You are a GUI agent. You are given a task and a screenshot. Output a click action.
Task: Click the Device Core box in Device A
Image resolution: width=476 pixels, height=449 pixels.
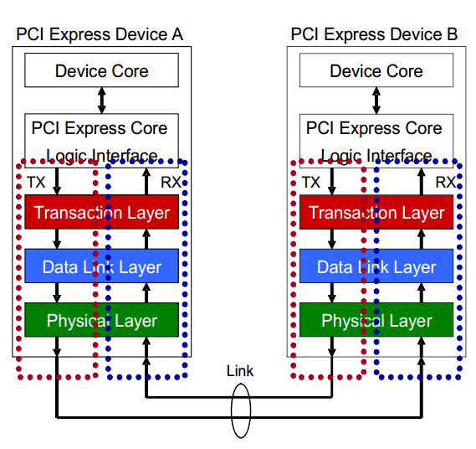(101, 70)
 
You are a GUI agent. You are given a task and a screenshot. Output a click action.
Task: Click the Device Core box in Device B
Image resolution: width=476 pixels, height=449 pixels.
(376, 70)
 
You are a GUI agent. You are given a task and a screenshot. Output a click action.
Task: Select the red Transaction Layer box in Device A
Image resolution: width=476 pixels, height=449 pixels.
(101, 213)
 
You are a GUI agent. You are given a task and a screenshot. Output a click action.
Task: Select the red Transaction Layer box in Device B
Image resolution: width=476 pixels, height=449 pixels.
(376, 213)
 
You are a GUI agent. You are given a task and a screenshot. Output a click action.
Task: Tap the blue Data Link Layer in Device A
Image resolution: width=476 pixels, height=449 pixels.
(101, 266)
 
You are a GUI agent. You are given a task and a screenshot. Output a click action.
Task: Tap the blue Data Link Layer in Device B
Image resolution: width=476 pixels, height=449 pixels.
(376, 266)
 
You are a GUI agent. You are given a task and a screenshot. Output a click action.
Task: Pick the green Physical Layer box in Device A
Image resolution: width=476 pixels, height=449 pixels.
(101, 320)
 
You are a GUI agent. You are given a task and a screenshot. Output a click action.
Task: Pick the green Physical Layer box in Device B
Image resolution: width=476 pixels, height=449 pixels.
(376, 320)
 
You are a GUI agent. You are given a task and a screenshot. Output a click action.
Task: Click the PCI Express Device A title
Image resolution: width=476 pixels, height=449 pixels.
(100, 34)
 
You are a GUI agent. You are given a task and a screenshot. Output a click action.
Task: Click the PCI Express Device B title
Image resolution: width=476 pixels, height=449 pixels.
(374, 34)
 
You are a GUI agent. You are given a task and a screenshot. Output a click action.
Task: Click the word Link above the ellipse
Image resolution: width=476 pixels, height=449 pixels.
(239, 371)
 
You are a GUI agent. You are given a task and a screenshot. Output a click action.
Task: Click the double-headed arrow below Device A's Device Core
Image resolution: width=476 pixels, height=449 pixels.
(101, 101)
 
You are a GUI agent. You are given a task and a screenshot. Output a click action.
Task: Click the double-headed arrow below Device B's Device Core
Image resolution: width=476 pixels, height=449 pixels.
(376, 101)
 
